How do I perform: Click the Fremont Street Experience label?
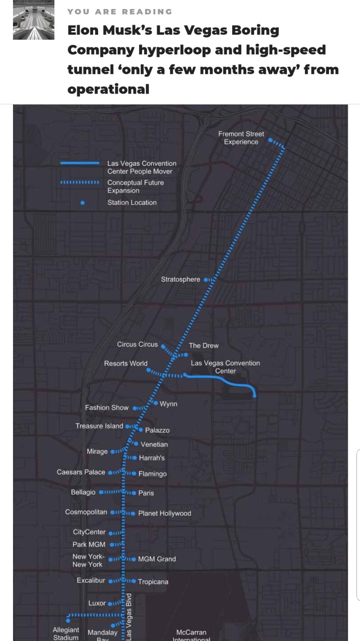click(241, 138)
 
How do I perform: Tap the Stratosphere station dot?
click(206, 280)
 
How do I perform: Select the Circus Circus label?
click(137, 344)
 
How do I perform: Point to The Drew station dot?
click(185, 354)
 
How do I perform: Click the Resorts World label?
click(126, 363)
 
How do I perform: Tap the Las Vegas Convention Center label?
click(225, 367)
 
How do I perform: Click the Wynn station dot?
click(156, 403)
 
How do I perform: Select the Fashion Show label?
click(107, 407)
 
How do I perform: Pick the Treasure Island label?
click(99, 426)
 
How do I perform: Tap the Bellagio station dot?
click(100, 492)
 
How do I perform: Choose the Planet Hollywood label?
click(164, 513)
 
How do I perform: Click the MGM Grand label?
click(157, 559)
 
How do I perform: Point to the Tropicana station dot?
click(134, 581)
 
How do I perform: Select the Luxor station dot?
click(110, 603)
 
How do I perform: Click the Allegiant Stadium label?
click(66, 633)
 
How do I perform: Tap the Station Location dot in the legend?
click(82, 203)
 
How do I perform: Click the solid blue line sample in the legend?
click(80, 163)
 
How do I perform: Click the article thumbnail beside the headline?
click(33, 20)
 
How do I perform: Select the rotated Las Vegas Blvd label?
click(129, 616)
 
